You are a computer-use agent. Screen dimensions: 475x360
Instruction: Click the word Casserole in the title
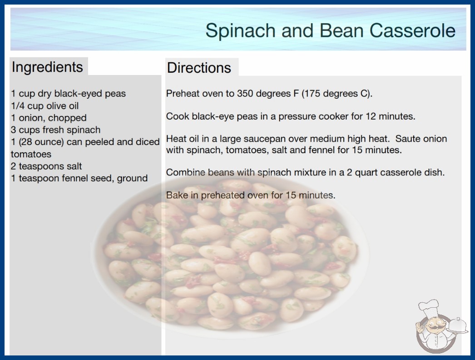click(412, 30)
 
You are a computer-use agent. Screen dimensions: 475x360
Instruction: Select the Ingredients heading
click(47, 67)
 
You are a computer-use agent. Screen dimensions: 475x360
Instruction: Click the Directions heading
click(199, 68)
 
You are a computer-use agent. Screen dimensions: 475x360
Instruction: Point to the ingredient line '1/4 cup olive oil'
click(45, 106)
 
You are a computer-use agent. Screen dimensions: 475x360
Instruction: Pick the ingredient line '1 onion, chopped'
click(49, 118)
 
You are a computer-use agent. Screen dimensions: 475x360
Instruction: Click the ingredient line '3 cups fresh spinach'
click(56, 130)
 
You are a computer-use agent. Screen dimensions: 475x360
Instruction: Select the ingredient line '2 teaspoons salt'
click(46, 166)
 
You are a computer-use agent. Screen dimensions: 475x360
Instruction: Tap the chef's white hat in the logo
click(429, 307)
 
